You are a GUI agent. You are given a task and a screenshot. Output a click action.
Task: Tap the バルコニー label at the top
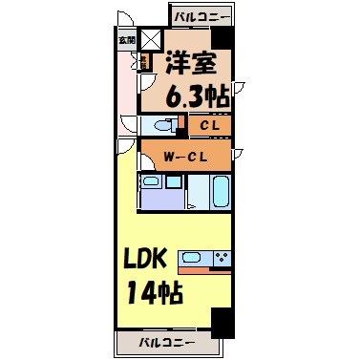click(x=203, y=16)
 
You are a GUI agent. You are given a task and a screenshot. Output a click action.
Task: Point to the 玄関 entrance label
click(x=126, y=40)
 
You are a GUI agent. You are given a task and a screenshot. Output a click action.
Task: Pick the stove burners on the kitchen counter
click(x=222, y=256)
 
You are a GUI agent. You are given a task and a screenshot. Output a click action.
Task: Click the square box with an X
click(x=151, y=41)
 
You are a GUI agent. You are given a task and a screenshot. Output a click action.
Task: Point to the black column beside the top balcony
click(x=222, y=39)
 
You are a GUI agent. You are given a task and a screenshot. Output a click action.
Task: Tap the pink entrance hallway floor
click(x=127, y=95)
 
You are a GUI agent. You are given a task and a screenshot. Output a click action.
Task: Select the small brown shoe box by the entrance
click(x=142, y=63)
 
